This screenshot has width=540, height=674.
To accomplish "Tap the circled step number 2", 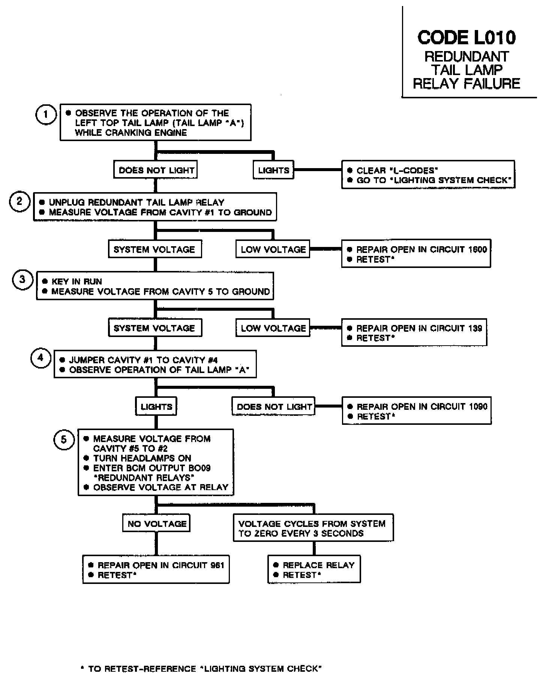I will (19, 202).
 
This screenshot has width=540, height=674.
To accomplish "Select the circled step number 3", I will (22, 280).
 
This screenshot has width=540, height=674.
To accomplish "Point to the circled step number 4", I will (40, 358).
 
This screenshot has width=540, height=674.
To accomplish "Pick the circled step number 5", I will (64, 439).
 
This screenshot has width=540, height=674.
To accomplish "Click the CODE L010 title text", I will (466, 38).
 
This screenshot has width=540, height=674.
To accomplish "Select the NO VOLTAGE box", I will (156, 524).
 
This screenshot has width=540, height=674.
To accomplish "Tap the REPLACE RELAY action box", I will (314, 570).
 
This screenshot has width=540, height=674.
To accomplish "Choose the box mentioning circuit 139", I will (414, 332).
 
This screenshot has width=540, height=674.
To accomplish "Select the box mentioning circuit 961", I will (156, 570).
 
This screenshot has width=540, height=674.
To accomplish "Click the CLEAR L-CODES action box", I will (428, 175).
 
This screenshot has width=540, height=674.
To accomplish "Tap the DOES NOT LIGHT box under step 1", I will (156, 170).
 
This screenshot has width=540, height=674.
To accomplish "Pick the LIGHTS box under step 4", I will (156, 407).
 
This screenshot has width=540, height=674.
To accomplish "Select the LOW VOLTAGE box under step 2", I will (273, 250).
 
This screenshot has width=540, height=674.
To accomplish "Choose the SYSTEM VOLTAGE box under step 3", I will (155, 328).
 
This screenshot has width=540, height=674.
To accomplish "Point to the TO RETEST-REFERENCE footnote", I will (201, 668).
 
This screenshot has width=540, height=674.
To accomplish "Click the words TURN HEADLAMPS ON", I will (142, 458).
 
